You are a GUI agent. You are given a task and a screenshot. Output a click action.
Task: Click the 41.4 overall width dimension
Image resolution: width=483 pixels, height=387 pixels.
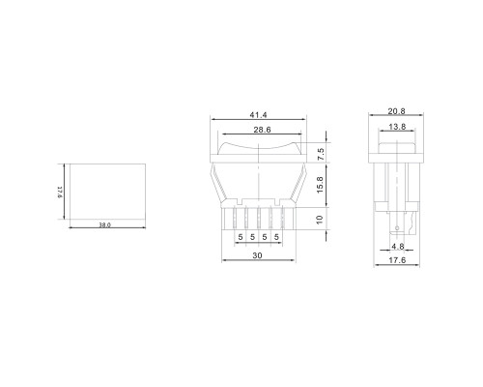[258, 115]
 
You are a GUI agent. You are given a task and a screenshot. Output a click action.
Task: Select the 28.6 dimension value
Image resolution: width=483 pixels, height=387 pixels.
[262, 130]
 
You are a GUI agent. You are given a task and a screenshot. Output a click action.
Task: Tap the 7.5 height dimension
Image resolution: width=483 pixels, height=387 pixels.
[320, 155]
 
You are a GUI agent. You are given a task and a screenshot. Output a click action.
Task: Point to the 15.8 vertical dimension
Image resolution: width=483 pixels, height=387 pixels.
[320, 185]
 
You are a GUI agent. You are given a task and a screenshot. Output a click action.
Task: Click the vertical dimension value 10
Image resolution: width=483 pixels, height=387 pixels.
[320, 220]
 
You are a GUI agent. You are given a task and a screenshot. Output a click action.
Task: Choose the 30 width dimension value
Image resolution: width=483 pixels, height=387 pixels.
[257, 255]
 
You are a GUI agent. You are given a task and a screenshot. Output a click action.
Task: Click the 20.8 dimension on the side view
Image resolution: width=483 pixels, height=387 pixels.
[396, 111]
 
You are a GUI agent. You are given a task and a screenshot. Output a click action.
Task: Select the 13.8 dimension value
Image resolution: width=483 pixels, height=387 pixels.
[397, 127]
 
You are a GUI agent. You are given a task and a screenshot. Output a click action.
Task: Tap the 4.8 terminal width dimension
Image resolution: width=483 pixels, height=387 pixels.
[398, 247]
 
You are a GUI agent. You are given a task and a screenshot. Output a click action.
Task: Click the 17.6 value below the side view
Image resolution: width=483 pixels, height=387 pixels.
[397, 260]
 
